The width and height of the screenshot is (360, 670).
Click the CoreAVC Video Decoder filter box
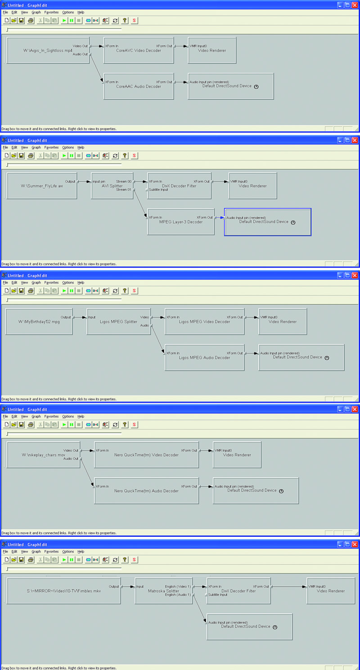click(139, 50)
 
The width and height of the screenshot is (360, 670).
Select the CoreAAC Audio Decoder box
click(139, 86)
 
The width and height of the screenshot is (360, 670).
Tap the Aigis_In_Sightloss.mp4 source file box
click(48, 50)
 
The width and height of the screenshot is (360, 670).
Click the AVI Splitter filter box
click(112, 186)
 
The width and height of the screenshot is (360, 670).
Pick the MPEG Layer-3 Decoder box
click(181, 222)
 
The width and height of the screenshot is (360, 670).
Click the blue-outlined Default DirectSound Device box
click(268, 222)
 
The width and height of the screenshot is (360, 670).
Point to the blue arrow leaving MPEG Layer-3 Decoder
click(220, 218)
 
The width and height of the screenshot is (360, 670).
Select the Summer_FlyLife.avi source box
click(42, 186)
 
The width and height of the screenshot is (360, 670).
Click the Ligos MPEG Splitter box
click(119, 321)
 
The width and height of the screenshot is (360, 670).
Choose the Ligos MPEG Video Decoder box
click(204, 321)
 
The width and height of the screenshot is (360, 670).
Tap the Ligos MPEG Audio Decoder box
click(204, 358)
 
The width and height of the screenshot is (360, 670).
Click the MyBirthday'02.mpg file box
click(39, 321)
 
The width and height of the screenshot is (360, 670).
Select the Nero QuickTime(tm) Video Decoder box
click(147, 455)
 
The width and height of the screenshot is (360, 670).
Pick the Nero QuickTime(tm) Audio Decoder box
click(147, 491)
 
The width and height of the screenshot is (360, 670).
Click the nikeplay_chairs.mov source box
click(43, 455)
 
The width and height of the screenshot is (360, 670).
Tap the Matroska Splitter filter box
click(164, 591)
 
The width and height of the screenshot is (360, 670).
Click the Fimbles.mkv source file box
click(64, 591)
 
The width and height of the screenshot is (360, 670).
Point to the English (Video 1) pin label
click(178, 587)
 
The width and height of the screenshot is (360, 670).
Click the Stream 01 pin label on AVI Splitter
click(123, 190)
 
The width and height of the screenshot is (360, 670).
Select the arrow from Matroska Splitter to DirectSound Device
click(200, 608)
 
